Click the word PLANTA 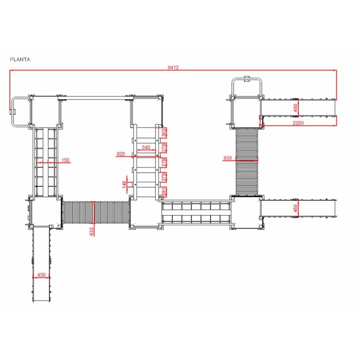20,59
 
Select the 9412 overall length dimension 173,67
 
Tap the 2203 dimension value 298,123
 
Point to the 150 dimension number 65,160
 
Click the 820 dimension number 121,154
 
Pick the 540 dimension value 146,147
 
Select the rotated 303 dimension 164,133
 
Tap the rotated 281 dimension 164,192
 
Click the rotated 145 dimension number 125,184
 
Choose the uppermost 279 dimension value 164,148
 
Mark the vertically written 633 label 91,232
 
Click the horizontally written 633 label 228,158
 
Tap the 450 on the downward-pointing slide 41,274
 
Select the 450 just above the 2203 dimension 296,108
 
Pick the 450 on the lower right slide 296,208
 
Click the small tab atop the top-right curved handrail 247,79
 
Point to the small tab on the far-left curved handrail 12,112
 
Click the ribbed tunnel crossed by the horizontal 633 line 247,162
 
